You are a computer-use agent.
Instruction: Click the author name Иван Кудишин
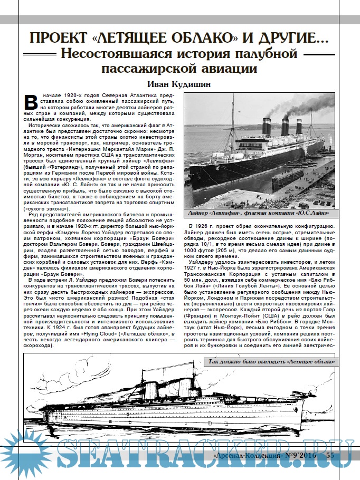(179, 84)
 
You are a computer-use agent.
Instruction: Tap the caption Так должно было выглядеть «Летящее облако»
(270, 362)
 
